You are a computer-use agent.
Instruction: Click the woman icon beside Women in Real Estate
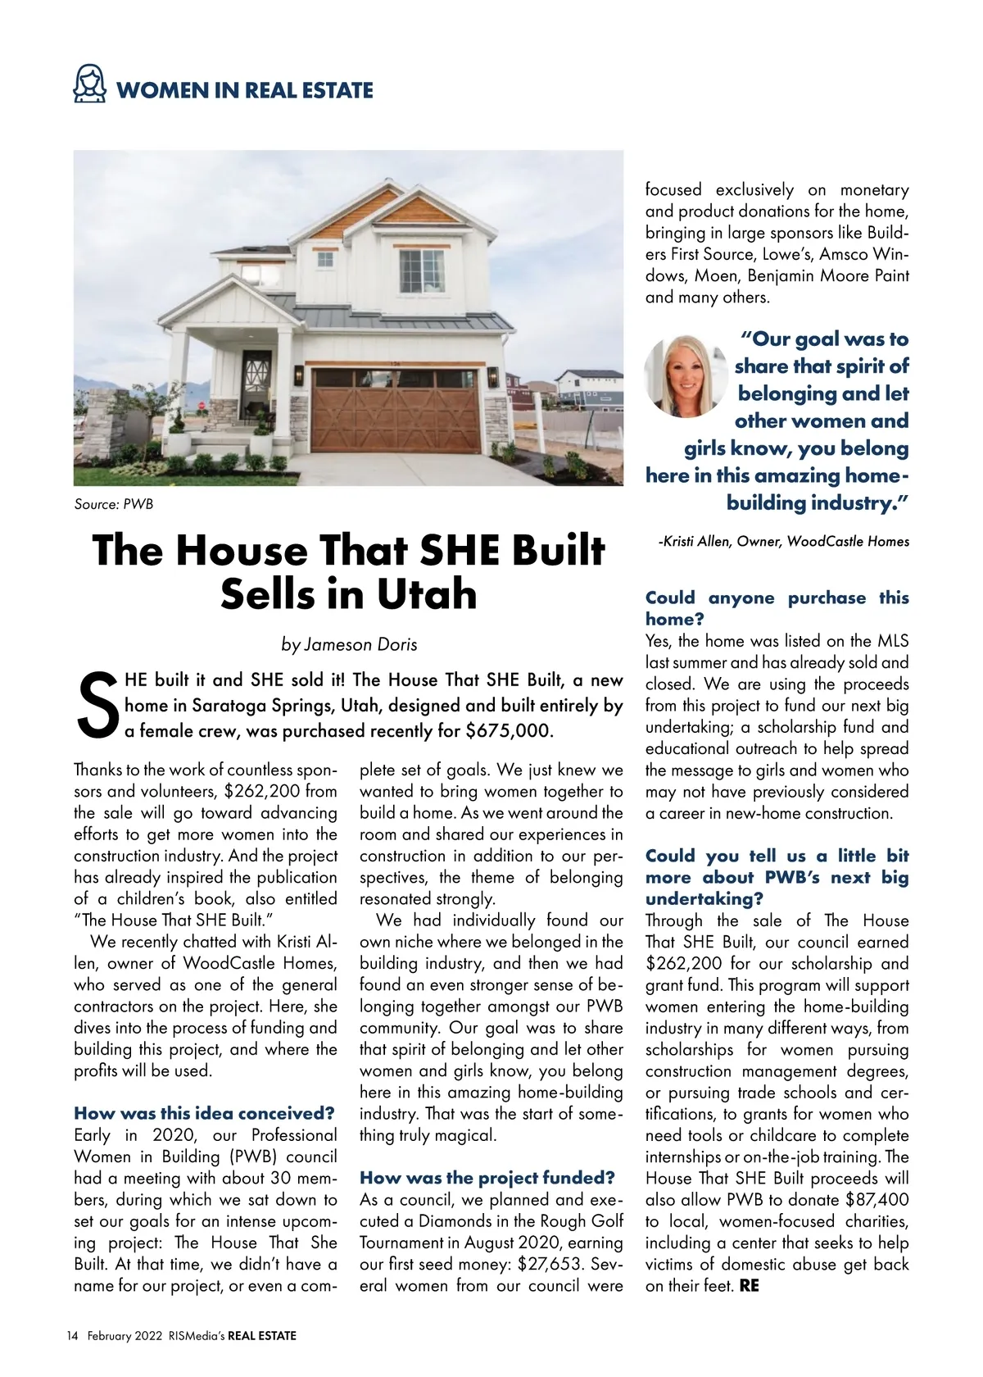tap(90, 85)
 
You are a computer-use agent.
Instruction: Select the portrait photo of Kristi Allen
tap(686, 376)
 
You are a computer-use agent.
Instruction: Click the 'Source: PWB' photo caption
tap(113, 504)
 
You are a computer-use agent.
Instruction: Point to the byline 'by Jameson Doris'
tap(349, 644)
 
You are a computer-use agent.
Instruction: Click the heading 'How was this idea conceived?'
tap(205, 1113)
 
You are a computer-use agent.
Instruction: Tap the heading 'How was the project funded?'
tap(487, 1178)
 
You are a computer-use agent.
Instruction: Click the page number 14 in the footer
tap(72, 1335)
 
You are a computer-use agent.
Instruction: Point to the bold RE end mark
tap(749, 1285)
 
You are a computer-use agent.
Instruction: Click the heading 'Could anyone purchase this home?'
tap(777, 608)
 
